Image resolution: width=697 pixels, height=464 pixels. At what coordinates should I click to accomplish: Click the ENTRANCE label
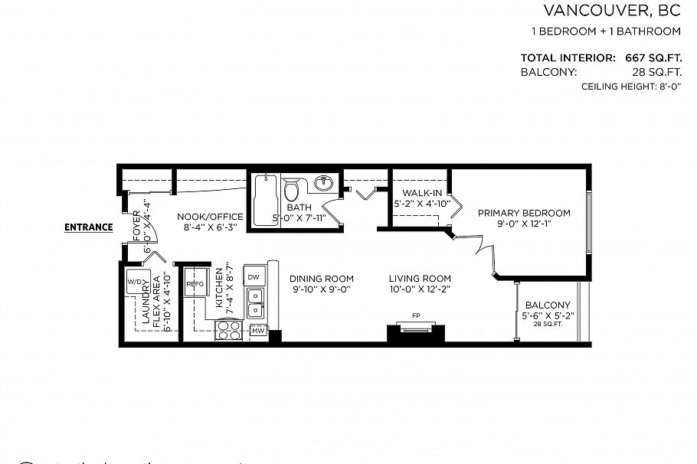89,227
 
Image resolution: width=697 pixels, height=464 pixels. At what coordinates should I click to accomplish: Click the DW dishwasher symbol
254,276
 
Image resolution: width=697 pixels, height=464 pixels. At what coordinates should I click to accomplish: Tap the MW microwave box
258,331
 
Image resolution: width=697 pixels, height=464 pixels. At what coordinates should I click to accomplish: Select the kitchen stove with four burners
228,329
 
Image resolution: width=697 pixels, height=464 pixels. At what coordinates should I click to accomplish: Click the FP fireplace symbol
414,315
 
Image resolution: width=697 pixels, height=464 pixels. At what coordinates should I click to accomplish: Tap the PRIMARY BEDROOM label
524,213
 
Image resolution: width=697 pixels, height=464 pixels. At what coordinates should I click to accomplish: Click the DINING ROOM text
322,278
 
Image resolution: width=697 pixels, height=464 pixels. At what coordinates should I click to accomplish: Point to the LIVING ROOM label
419,278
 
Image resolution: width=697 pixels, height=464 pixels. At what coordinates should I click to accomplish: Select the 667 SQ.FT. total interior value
648,57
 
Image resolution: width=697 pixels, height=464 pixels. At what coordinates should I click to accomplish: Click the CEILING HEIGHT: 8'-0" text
631,88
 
